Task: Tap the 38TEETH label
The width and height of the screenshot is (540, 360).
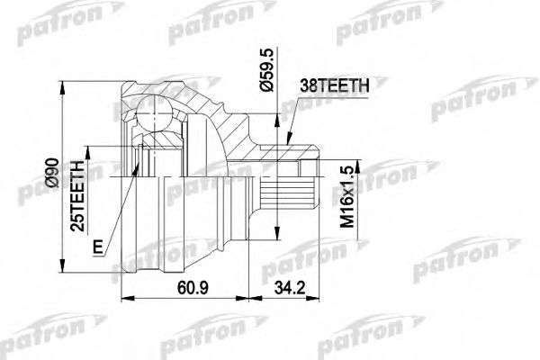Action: pos(334,87)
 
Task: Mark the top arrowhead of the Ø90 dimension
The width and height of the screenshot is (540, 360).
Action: pos(63,86)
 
